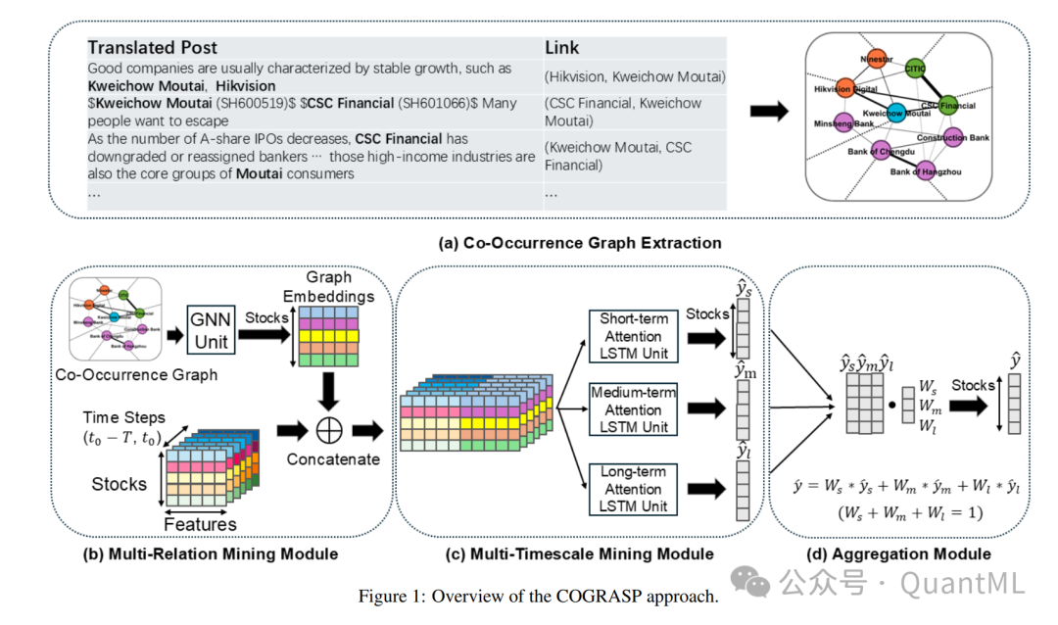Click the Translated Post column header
(x=152, y=48)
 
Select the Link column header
(x=562, y=48)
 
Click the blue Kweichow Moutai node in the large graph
(x=897, y=112)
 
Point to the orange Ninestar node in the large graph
(x=878, y=59)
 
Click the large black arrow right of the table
(x=768, y=111)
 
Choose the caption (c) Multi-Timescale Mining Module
(x=579, y=553)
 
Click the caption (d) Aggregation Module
(x=898, y=553)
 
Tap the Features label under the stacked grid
(x=200, y=524)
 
